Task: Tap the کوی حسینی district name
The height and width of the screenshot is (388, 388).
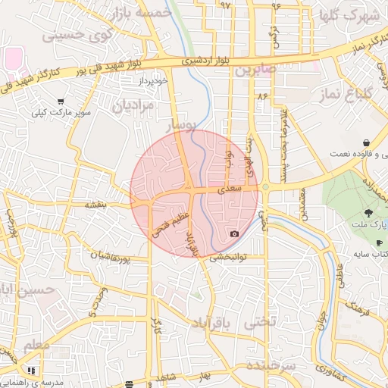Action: [x=76, y=34]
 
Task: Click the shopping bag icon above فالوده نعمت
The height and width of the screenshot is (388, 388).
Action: [x=367, y=142]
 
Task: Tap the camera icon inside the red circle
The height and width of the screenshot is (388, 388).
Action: [x=234, y=233]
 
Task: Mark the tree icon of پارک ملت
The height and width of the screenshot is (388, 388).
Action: [x=368, y=213]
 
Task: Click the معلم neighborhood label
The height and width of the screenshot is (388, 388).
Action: [x=36, y=345]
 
